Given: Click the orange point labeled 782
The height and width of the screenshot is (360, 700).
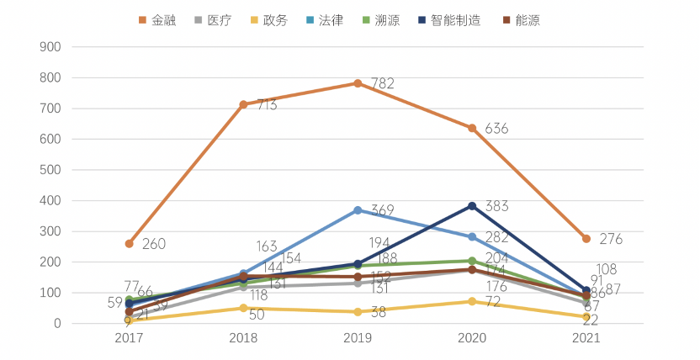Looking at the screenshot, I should pos(358,83).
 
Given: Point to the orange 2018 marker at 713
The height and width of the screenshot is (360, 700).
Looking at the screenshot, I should pos(243,104).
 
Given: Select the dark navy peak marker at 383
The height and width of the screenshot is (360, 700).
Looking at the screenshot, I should pos(472,206).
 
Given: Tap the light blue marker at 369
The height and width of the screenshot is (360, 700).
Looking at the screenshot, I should pos(358,210).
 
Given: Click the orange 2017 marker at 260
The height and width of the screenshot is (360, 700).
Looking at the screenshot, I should pos(129,244).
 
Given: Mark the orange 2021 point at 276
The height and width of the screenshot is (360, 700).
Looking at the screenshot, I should pos(586,239).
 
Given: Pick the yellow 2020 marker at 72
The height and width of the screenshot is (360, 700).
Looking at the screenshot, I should pos(472,301).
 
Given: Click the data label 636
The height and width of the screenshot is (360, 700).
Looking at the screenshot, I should pos(496,130).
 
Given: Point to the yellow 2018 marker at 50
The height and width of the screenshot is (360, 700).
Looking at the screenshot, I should pos(243,308).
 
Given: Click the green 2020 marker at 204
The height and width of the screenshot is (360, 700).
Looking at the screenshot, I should pos(472,261).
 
